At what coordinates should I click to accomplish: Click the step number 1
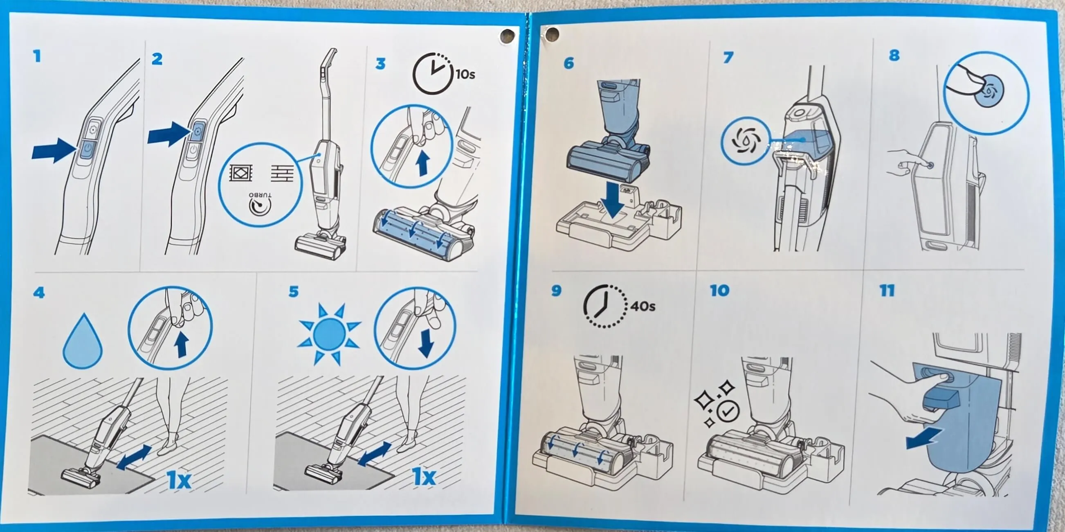click(x=38, y=56)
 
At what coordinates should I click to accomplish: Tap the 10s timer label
click(x=465, y=74)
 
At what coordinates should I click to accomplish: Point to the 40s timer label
click(x=643, y=306)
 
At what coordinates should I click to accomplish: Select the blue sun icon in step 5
click(x=330, y=335)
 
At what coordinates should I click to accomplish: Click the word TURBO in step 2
click(x=261, y=195)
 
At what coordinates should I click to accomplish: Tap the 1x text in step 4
click(x=179, y=480)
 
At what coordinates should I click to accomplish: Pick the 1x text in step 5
click(x=424, y=477)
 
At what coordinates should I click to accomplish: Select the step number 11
click(x=887, y=291)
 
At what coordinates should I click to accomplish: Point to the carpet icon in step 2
click(x=240, y=173)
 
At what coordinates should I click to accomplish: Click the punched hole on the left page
click(x=508, y=36)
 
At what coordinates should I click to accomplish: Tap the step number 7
click(x=728, y=57)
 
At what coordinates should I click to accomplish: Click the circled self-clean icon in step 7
click(x=746, y=141)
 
